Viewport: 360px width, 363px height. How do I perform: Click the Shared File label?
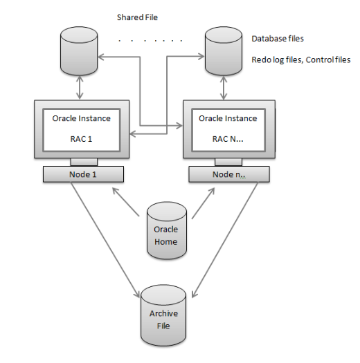pos(137,17)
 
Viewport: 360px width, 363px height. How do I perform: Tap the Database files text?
pos(278,39)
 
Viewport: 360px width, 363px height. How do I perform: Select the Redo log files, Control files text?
pos(301,59)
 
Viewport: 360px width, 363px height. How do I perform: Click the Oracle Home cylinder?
pos(167,230)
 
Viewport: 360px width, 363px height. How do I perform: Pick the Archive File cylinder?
pos(163,315)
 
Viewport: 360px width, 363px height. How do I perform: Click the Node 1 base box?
pos(83,174)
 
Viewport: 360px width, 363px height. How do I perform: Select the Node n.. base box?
pos(229,174)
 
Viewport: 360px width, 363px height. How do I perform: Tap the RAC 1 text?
pos(81,139)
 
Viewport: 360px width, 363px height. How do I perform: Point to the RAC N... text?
pos(228,139)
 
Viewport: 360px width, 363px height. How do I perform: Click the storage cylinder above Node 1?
pos(79,51)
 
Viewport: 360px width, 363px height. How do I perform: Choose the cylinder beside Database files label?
pos(224,51)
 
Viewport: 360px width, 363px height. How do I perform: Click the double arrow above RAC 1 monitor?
pos(80,88)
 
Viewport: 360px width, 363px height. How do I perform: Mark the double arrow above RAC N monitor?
pos(224,88)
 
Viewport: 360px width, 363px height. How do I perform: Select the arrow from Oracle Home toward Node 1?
pos(125,202)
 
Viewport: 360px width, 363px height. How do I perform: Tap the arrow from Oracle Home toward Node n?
pos(204,203)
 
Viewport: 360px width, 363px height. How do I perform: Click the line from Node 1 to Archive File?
pos(105,240)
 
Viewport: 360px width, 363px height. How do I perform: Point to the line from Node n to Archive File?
pos(225,240)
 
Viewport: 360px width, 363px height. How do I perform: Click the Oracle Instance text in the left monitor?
pos(82,118)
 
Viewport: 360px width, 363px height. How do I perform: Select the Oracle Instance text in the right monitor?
pos(228,118)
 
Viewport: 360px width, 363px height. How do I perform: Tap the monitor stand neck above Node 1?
pos(84,162)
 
